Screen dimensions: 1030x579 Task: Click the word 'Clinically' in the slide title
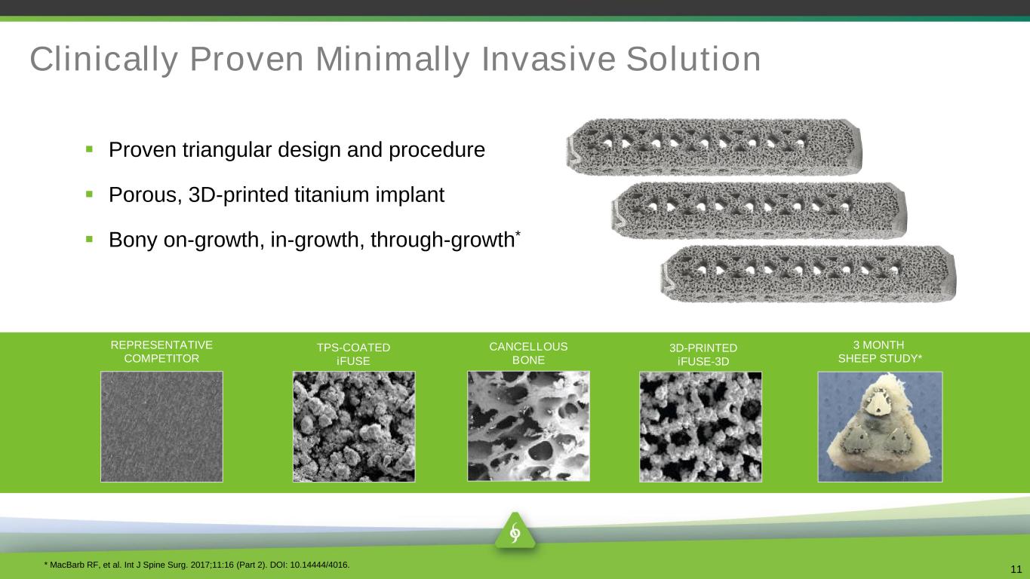pyautogui.click(x=104, y=60)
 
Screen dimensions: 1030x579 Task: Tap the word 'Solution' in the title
pyautogui.click(x=693, y=59)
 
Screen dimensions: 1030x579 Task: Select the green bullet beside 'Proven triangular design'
pyautogui.click(x=89, y=149)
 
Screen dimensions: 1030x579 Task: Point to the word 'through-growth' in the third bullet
pyautogui.click(x=442, y=240)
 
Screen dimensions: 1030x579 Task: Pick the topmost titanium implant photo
pyautogui.click(x=714, y=147)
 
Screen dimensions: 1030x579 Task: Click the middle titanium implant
pyautogui.click(x=758, y=210)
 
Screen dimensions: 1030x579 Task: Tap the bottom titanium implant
pyautogui.click(x=808, y=274)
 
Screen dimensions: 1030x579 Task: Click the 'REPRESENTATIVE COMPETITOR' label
pyautogui.click(x=161, y=351)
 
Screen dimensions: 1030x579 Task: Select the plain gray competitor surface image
pyautogui.click(x=161, y=427)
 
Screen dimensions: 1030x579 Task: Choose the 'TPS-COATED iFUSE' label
pyautogui.click(x=353, y=354)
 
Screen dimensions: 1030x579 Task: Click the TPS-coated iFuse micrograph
pyautogui.click(x=354, y=427)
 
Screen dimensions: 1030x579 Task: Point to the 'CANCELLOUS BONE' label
pyautogui.click(x=528, y=354)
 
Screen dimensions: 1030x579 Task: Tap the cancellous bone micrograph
pyautogui.click(x=528, y=426)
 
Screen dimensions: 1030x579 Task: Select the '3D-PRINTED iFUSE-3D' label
pyautogui.click(x=703, y=355)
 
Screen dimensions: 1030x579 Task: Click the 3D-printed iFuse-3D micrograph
pyautogui.click(x=700, y=427)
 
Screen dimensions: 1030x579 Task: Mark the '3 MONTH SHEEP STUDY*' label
pyautogui.click(x=880, y=351)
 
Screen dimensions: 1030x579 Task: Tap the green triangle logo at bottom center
pyautogui.click(x=515, y=532)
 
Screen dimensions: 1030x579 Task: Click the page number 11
pyautogui.click(x=1016, y=569)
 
